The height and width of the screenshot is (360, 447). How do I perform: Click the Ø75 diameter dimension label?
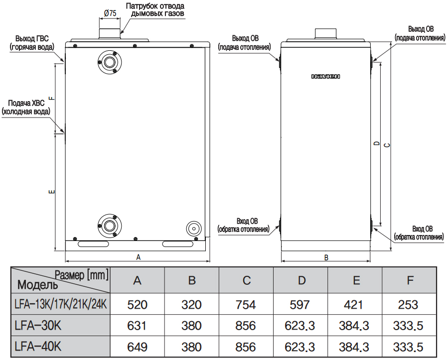tap(110, 13)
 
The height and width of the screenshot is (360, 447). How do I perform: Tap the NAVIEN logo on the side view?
tap(325, 76)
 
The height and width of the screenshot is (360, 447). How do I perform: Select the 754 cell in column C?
tap(247, 304)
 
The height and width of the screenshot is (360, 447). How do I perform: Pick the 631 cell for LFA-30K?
tap(137, 326)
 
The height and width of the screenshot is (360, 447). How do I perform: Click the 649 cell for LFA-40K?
tap(137, 347)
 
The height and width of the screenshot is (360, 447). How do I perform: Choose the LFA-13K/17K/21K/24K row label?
tap(61, 304)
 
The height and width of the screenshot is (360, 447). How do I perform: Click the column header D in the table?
tap(301, 280)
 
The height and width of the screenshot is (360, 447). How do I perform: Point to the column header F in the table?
tap(410, 280)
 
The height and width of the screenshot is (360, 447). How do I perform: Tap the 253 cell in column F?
tap(409, 304)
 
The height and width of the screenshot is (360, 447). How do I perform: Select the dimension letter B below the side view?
tap(326, 257)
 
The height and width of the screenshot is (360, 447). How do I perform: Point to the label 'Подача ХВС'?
tap(26, 103)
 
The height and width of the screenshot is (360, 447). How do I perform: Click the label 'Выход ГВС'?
tap(31, 38)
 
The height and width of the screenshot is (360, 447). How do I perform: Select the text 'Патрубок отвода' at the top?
tap(154, 6)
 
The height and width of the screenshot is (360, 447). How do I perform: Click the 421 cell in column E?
tap(356, 304)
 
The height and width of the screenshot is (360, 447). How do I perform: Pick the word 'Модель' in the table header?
tap(38, 285)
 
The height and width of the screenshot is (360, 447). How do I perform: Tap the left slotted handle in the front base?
tap(93, 244)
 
